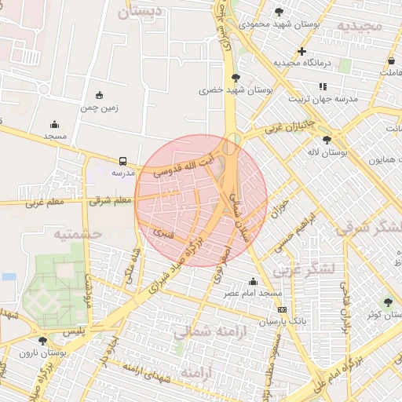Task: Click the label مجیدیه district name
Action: coord(359,26)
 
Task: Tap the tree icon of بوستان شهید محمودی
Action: coord(279,11)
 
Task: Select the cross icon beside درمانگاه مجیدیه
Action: coord(301,51)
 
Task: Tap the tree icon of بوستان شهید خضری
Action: coord(236,77)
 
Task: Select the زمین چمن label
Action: coord(100,109)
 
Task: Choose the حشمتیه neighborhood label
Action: coord(79,234)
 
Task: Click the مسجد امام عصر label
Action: coord(253,293)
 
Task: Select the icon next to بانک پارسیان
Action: coord(282,310)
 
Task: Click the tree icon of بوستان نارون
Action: coord(42,341)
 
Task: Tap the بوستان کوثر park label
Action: coord(377,314)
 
